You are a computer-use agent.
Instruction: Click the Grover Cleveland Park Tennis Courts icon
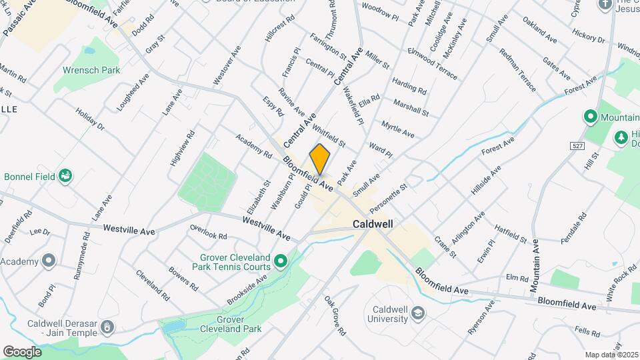tap(281, 260)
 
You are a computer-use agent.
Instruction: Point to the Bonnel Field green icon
tap(65, 176)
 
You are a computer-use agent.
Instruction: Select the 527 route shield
tap(577, 145)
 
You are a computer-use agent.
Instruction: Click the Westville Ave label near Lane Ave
tap(129, 229)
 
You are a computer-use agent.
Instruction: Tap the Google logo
tap(22, 351)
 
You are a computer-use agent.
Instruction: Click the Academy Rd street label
tap(253, 145)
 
